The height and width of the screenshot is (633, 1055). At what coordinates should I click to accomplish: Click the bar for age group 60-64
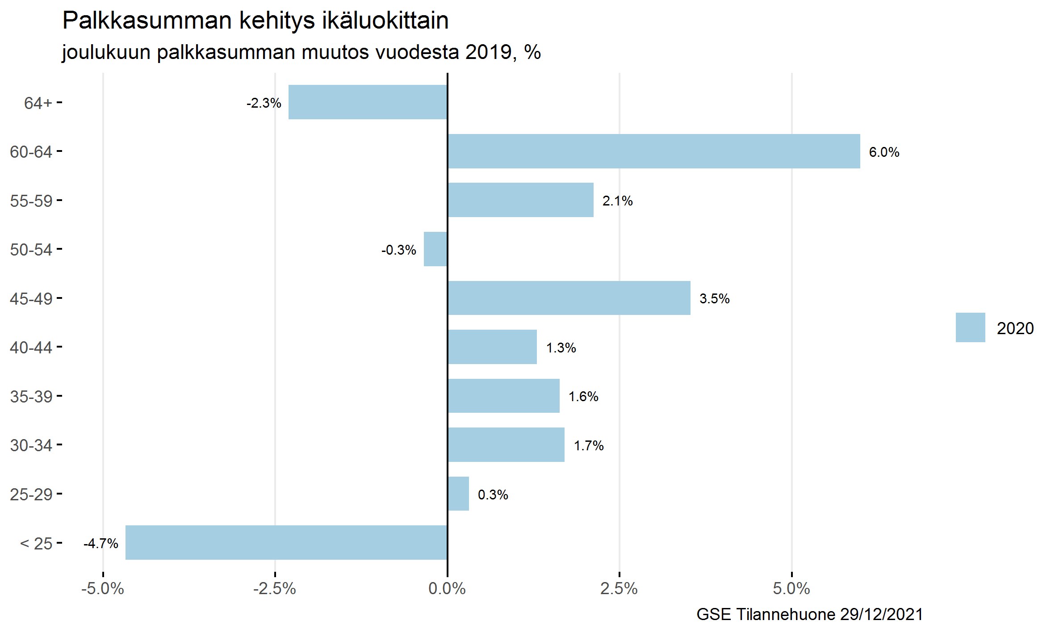pyautogui.click(x=653, y=151)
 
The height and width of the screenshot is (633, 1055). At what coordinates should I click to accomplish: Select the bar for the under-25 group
pyautogui.click(x=286, y=542)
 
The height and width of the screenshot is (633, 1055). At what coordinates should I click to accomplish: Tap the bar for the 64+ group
pyautogui.click(x=368, y=102)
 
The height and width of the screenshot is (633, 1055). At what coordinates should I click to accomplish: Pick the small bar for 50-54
pyautogui.click(x=435, y=249)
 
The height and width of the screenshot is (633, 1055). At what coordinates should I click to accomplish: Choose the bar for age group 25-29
pyautogui.click(x=458, y=494)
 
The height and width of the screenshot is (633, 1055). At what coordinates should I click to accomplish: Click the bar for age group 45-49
pyautogui.click(x=569, y=298)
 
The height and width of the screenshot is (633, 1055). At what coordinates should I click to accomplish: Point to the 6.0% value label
pyautogui.click(x=884, y=152)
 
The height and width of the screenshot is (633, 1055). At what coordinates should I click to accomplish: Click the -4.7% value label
pyautogui.click(x=101, y=544)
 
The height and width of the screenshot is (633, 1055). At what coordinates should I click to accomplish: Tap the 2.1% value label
pyautogui.click(x=617, y=201)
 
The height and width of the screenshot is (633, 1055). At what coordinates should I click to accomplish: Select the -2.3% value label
pyautogui.click(x=264, y=103)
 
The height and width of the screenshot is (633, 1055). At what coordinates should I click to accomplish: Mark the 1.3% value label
pyautogui.click(x=561, y=348)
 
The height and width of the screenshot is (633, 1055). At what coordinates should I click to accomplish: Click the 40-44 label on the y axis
pyautogui.click(x=31, y=347)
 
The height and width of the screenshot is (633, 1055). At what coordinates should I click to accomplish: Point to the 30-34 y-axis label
pyautogui.click(x=31, y=445)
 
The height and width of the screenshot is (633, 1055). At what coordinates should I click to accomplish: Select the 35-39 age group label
pyautogui.click(x=31, y=396)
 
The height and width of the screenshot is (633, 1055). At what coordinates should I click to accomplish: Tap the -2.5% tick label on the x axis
pyautogui.click(x=275, y=589)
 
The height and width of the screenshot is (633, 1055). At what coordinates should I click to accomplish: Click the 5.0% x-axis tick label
pyautogui.click(x=791, y=589)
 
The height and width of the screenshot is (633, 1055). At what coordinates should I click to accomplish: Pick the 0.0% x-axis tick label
pyautogui.click(x=447, y=589)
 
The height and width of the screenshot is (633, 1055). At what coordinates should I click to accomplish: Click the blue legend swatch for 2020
pyautogui.click(x=970, y=327)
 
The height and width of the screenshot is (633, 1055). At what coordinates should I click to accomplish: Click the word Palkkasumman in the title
pyautogui.click(x=148, y=21)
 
